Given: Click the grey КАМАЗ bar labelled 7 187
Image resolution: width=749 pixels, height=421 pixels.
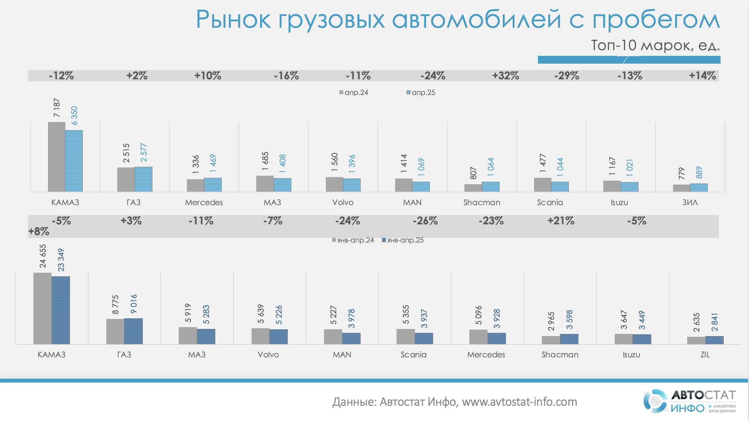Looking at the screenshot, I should (56, 156).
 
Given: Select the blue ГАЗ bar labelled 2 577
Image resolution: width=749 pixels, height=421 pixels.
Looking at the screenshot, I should (144, 179).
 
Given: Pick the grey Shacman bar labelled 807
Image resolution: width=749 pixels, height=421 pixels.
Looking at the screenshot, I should (473, 188).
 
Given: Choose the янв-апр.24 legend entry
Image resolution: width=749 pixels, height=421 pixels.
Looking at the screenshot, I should (353, 240).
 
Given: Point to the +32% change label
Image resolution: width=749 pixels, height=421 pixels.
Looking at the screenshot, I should (505, 76).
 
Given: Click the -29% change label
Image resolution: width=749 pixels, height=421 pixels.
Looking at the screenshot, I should (567, 76).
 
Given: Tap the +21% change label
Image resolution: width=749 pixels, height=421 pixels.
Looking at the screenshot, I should (561, 221).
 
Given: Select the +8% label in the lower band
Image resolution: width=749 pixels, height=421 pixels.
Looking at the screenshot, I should (39, 231).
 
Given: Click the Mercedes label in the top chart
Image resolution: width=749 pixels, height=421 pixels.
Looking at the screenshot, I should (204, 202).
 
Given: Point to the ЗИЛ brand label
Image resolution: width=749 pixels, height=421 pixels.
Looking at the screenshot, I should (690, 202).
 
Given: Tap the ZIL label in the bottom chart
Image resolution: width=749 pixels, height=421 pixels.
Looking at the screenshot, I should (705, 355).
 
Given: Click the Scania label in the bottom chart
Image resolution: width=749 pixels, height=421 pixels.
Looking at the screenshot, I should (414, 355).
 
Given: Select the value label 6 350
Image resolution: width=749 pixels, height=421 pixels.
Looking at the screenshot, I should (74, 116).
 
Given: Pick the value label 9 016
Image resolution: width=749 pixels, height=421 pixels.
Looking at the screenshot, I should (134, 304).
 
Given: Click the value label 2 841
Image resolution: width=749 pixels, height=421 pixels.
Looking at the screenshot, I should (715, 322).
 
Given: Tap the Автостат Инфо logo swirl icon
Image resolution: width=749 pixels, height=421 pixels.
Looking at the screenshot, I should (655, 401).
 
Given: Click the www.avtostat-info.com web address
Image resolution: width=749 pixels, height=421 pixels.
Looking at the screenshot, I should (519, 402).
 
